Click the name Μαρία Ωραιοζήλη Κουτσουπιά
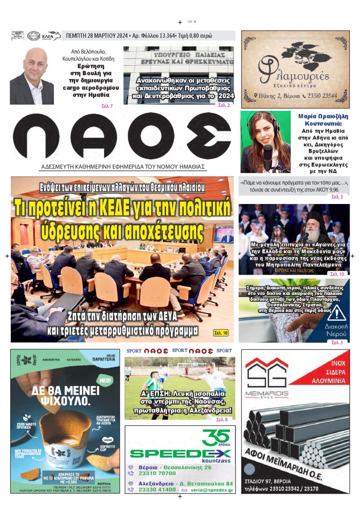tap(320, 119)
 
